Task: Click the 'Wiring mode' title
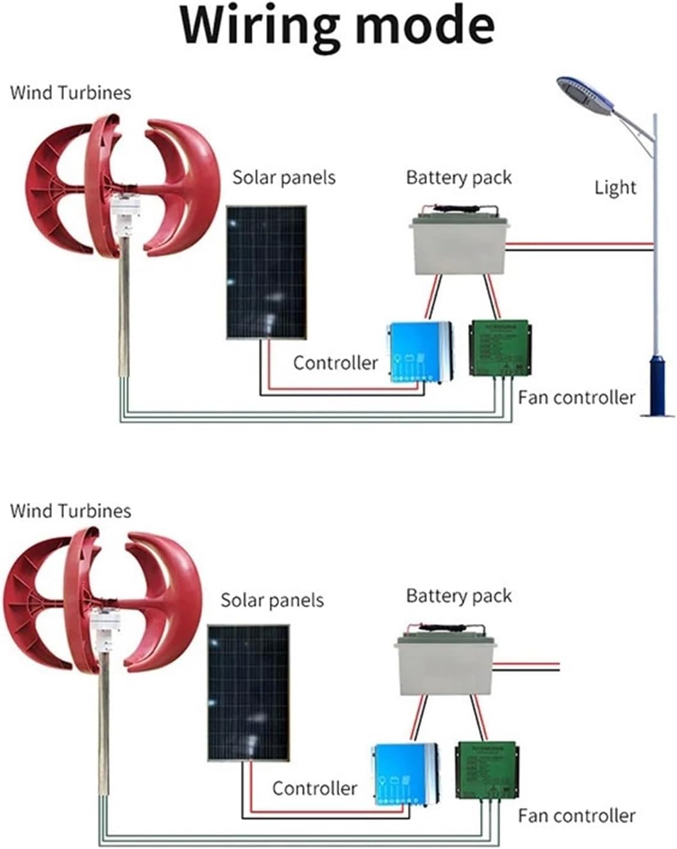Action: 338,26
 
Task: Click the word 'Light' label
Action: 615,188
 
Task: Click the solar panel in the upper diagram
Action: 266,272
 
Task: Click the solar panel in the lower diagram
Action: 248,693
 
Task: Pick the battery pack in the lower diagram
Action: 446,663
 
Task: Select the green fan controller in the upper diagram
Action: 500,348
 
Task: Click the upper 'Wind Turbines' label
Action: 71,93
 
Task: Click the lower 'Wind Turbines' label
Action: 71,511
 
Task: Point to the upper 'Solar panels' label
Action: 283,177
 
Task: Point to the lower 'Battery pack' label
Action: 459,597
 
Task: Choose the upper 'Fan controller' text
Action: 576,398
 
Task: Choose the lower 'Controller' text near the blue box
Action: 314,789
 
